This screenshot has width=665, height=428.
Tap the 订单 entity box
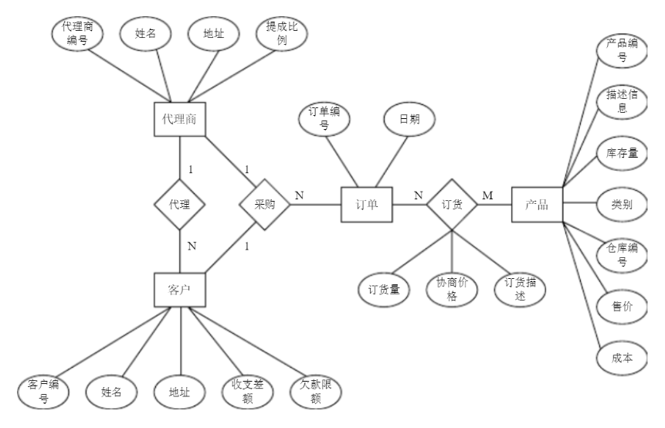point(366,205)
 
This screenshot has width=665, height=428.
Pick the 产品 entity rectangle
point(537,205)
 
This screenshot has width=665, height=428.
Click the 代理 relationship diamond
point(179,205)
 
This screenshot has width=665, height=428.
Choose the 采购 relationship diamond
point(264,205)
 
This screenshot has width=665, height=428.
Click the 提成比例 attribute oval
point(282,35)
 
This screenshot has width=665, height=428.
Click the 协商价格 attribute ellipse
point(451,290)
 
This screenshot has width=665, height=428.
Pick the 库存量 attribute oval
point(622,154)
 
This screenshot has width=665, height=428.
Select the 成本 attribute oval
point(622,358)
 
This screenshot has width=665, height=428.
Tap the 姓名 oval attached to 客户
point(112,391)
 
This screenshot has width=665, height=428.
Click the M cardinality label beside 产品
point(487,195)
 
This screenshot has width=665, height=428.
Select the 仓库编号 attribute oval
point(622,255)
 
